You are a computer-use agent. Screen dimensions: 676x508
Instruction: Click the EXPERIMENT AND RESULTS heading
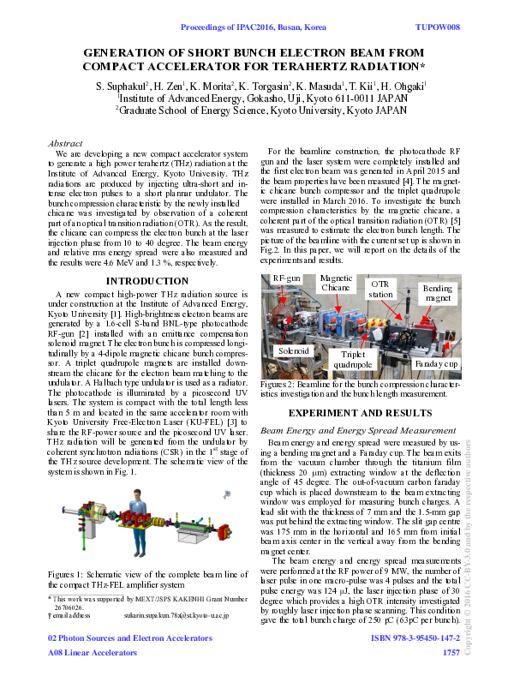(x=360, y=413)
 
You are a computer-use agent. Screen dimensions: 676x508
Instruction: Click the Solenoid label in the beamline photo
(x=292, y=351)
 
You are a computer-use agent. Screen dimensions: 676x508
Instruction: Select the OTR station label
(x=381, y=287)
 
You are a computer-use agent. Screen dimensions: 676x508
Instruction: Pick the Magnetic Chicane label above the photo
(x=335, y=283)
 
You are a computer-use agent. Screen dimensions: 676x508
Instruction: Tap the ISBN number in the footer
(x=415, y=638)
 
